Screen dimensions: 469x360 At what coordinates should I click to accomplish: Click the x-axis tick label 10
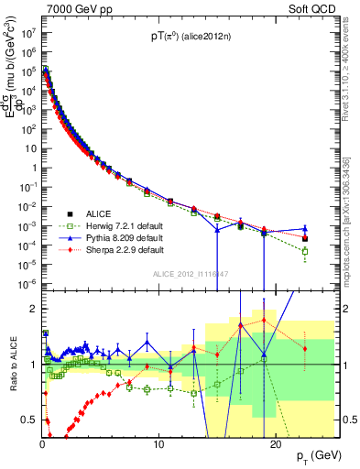(158, 444)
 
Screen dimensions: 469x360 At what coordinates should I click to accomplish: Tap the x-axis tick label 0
(42, 444)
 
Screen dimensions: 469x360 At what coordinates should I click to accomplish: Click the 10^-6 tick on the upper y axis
(28, 282)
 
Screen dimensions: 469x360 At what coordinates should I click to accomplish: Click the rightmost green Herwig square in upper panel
(305, 251)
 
